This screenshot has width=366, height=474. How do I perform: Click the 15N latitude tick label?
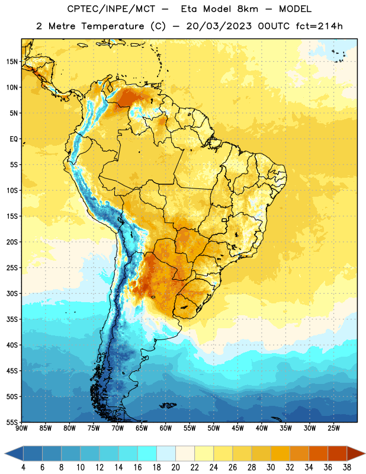tap(12, 62)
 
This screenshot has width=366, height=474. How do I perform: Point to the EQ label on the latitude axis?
tap(14, 139)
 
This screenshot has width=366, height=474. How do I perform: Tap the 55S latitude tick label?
tap(12, 422)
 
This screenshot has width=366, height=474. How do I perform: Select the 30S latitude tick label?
tap(12, 293)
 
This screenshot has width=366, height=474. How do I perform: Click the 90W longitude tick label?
tap(21, 428)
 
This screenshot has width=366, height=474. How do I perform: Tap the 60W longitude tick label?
tap(166, 428)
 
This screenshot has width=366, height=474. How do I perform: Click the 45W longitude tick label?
tap(237, 428)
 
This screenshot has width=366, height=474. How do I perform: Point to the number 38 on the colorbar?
tap(347, 467)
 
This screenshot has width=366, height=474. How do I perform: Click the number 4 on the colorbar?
tap(23, 467)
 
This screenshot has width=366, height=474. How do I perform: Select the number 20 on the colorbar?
tap(175, 467)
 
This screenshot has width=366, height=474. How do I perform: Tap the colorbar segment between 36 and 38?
tap(338, 454)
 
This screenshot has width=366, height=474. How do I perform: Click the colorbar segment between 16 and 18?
tap(147, 454)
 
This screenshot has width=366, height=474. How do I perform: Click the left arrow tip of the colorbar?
tap(5, 454)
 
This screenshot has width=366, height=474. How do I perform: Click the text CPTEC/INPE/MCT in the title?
tap(111, 9)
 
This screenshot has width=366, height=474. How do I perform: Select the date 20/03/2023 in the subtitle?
tap(219, 26)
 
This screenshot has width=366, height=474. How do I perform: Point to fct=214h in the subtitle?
tap(319, 26)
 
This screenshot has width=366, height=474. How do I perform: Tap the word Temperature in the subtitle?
tap(113, 27)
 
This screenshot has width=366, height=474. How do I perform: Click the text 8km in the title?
tap(248, 9)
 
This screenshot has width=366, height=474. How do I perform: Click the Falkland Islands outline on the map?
tap(168, 405)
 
